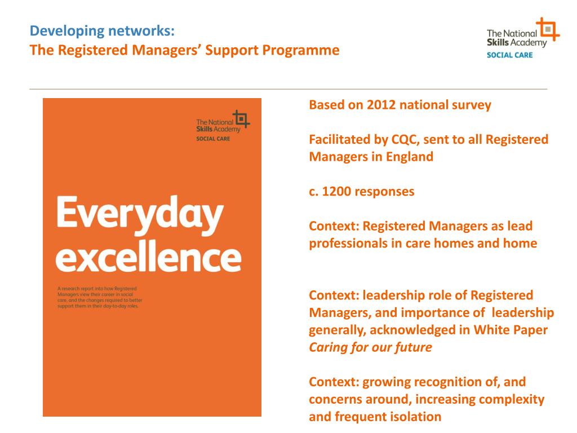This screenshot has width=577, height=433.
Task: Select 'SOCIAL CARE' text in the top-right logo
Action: (509, 55)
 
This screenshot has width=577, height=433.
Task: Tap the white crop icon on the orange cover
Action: (241, 119)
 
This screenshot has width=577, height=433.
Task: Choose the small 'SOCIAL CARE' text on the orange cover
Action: (213, 138)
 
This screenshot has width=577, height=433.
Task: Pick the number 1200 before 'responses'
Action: (336, 191)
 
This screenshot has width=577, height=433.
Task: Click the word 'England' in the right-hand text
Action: (410, 157)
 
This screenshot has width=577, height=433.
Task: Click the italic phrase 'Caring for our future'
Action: (370, 347)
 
